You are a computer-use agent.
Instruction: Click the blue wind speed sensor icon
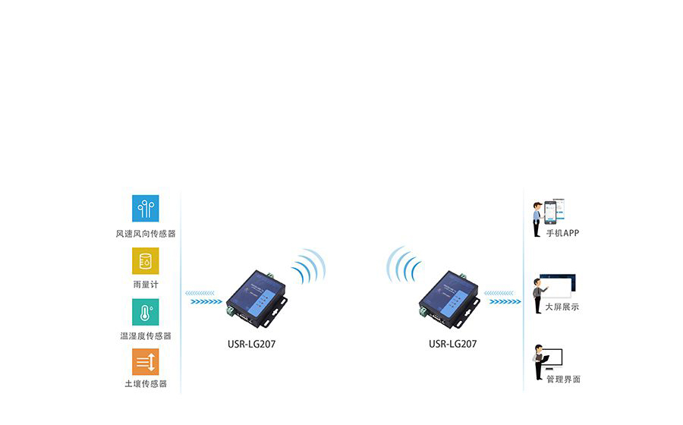point(146,209)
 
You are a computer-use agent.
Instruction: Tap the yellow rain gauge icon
point(146,261)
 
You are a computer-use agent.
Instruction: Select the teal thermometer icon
point(146,312)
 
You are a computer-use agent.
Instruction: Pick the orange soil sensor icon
point(146,361)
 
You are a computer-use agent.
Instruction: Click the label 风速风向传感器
point(146,234)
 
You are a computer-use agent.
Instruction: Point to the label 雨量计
point(146,285)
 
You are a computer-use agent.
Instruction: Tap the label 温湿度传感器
point(146,335)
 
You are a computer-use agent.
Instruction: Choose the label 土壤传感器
point(146,384)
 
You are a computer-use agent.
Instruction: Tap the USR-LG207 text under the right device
point(453,344)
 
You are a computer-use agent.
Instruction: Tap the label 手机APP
point(562,233)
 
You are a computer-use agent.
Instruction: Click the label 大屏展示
point(562,307)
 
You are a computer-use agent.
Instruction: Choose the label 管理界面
point(562,379)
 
